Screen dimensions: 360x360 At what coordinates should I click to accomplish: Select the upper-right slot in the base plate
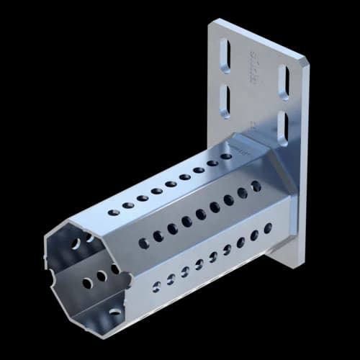point(284,82)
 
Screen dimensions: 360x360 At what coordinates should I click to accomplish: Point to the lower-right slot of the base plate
point(282,128)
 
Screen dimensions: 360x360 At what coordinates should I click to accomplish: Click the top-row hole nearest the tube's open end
point(114,212)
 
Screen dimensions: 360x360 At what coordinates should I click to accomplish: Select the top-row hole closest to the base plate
point(226,156)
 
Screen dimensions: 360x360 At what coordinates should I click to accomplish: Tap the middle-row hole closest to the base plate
point(256,186)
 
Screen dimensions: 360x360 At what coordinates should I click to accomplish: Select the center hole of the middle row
point(201,215)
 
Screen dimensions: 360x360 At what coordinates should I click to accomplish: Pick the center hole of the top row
point(171,184)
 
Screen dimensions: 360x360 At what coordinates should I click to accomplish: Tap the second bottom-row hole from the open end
point(171,279)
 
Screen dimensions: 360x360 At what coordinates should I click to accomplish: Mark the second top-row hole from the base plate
point(212,163)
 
